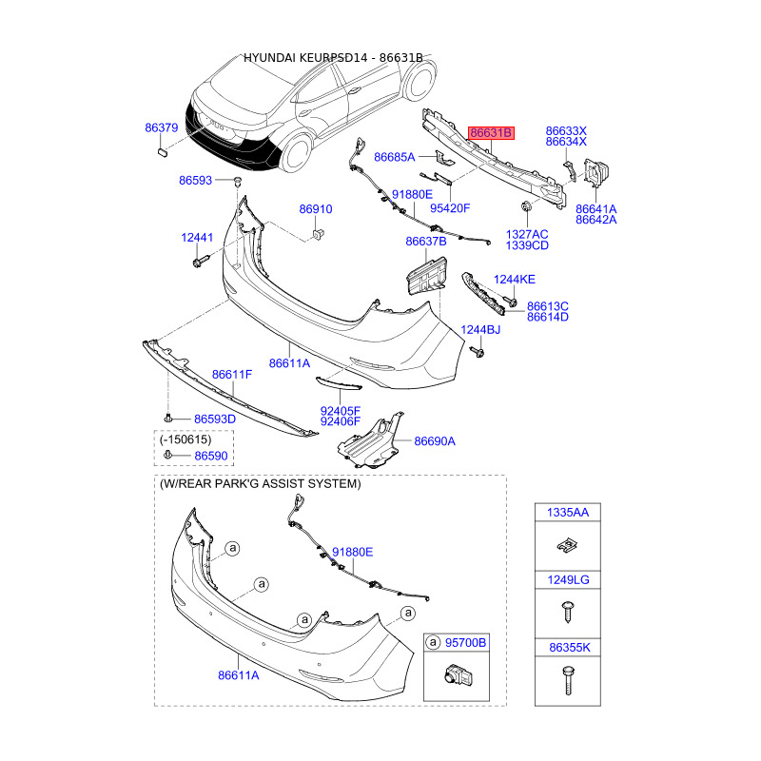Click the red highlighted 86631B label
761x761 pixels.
491,133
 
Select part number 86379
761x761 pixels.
162,127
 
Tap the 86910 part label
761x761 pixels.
316,209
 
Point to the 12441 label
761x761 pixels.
199,238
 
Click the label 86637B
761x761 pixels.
425,242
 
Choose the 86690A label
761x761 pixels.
434,441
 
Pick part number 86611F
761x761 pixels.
231,375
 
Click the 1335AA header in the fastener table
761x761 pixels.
567,513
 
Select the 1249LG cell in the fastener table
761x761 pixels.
567,579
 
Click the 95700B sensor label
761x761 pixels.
465,643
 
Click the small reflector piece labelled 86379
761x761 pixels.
162,148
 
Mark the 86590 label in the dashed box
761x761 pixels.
212,457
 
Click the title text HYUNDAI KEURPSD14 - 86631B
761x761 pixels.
333,58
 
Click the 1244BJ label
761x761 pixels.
480,330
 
